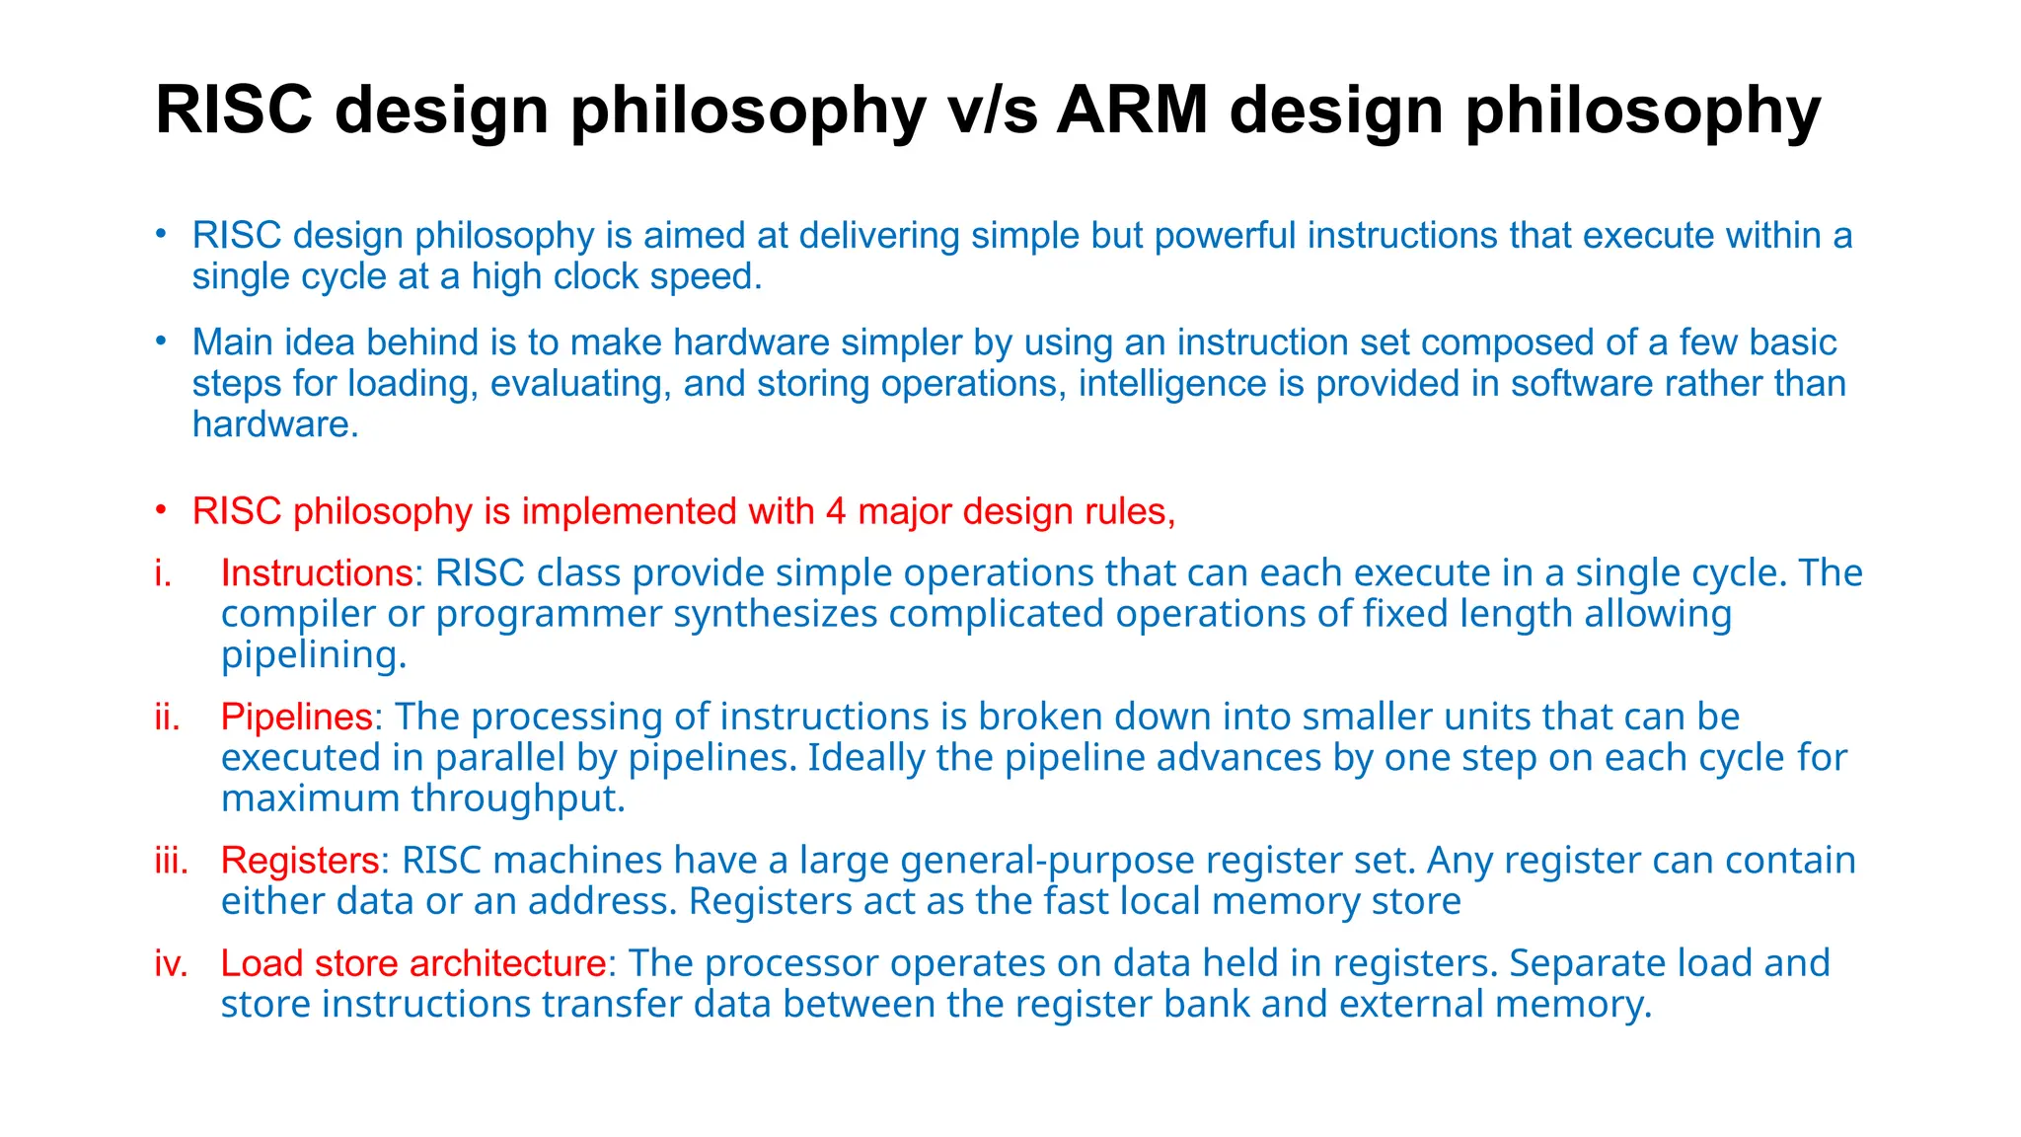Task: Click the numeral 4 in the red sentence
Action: tap(836, 511)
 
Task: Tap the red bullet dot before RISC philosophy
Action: tap(161, 510)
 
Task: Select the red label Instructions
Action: tap(317, 573)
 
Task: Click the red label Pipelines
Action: tap(297, 717)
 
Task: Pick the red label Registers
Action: tap(300, 861)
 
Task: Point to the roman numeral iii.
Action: tap(172, 861)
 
